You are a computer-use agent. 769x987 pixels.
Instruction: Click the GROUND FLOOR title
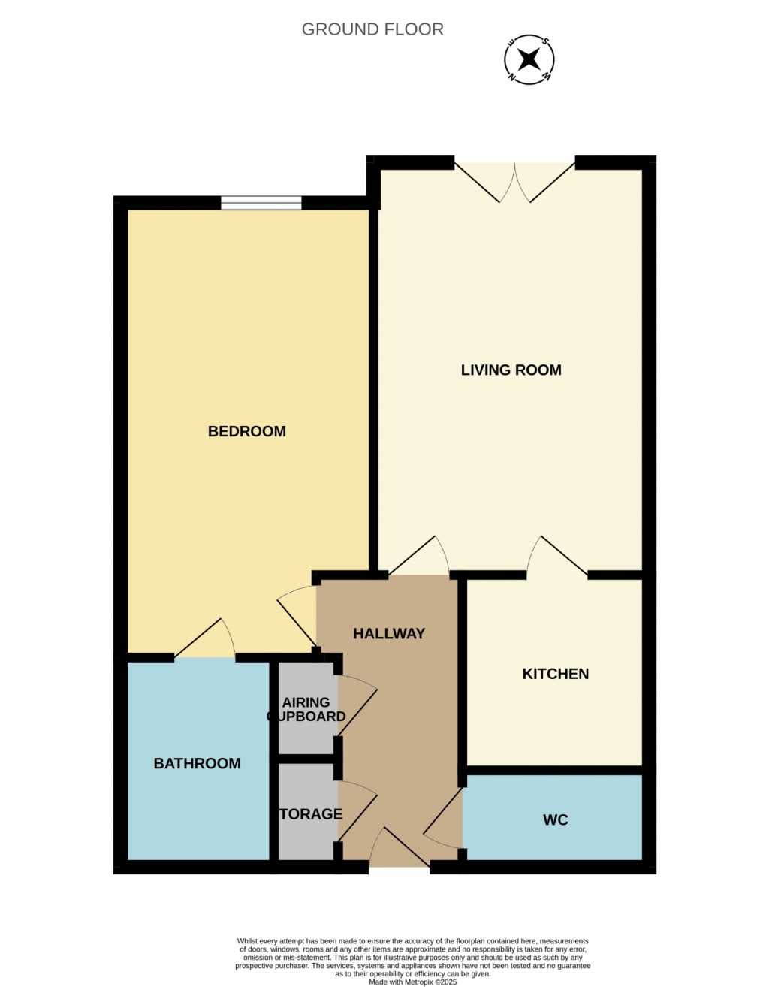click(372, 29)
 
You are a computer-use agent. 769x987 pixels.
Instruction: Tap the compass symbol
click(529, 59)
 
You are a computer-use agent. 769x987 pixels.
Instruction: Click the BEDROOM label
click(246, 431)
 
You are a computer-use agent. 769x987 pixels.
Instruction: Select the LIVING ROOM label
click(511, 370)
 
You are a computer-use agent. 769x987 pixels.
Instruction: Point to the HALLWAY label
click(389, 633)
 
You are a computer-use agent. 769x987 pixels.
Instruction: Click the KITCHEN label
click(555, 674)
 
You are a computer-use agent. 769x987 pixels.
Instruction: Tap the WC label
click(555, 819)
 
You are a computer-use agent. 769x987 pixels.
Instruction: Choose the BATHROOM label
click(197, 763)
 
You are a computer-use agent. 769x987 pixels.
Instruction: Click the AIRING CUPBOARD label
click(306, 709)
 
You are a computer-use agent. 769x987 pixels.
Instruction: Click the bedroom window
click(261, 203)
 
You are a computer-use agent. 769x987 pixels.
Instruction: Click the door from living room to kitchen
click(556, 558)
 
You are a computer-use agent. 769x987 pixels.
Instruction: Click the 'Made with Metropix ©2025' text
click(412, 982)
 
